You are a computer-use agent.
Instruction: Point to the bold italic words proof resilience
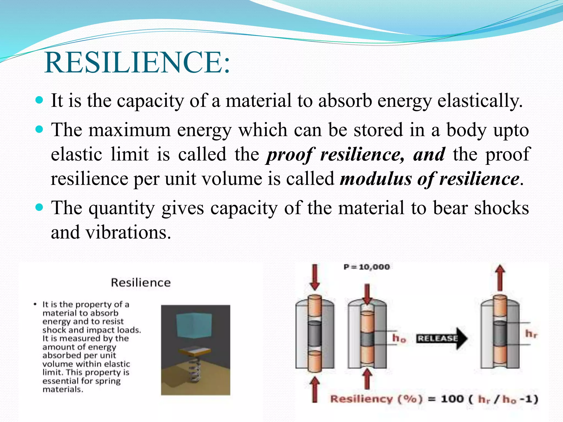(x=335, y=154)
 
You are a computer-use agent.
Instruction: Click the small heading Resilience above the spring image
(x=141, y=282)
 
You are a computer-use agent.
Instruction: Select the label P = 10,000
(x=366, y=267)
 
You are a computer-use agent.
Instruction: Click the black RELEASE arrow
(x=441, y=338)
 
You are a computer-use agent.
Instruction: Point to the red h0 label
(x=399, y=338)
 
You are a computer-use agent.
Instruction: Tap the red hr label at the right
(x=531, y=334)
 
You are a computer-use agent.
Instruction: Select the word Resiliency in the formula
(x=361, y=399)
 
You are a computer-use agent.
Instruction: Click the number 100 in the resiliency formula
(x=452, y=399)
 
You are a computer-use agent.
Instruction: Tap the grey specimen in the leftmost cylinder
(x=314, y=334)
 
